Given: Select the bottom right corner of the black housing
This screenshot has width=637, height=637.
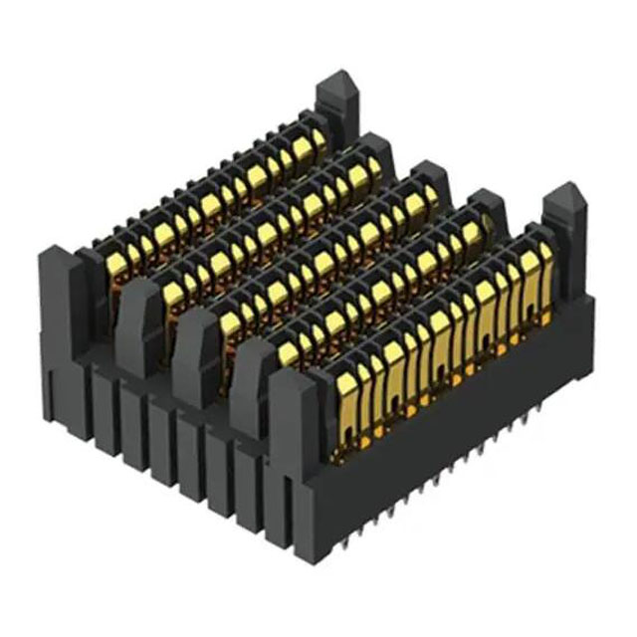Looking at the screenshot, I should pyautogui.click(x=594, y=373).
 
